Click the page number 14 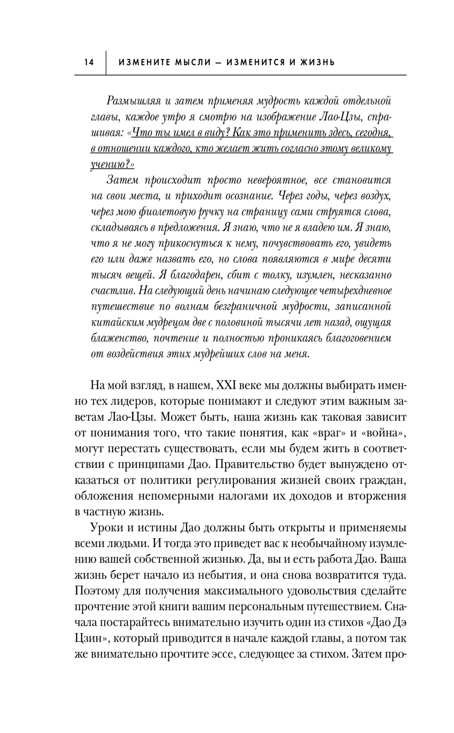tap(89, 62)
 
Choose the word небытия tap(222, 576)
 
